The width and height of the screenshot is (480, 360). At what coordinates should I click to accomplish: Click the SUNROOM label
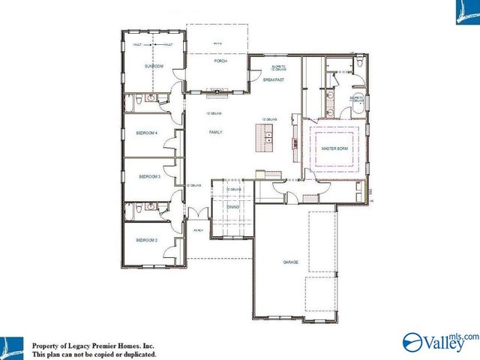(x=153, y=67)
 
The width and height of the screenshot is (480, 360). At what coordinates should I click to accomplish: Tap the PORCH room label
(x=220, y=61)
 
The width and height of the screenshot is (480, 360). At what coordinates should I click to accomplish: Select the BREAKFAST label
(x=272, y=79)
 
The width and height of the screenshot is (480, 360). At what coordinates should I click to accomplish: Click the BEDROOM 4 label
(x=146, y=133)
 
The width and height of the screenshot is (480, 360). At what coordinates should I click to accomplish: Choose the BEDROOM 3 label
(x=150, y=177)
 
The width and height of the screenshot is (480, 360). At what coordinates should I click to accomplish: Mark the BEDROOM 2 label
(x=146, y=240)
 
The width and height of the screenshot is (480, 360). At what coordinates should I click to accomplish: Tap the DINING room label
(x=233, y=205)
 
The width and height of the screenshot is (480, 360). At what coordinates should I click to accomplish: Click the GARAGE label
(x=291, y=262)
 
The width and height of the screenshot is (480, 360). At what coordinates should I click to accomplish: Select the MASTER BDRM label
(x=334, y=149)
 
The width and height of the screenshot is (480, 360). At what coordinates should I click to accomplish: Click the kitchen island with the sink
(x=264, y=137)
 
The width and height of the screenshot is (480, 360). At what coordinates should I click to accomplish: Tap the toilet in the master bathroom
(x=359, y=65)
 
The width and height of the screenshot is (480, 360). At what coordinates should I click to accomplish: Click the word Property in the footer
(x=47, y=345)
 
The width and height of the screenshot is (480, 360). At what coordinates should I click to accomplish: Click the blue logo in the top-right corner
(x=466, y=12)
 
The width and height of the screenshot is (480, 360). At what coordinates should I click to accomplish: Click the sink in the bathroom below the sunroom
(x=151, y=98)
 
